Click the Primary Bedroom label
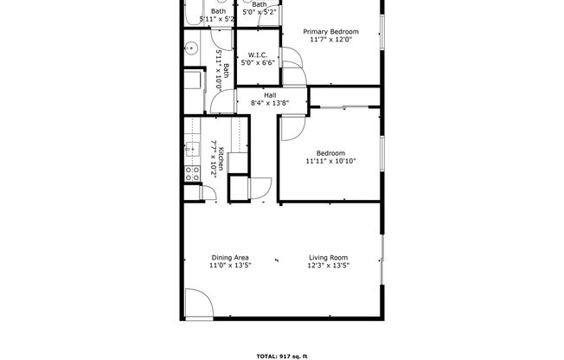click(x=330, y=32)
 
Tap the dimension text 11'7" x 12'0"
click(x=330, y=40)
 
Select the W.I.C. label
click(x=257, y=54)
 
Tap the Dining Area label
click(x=229, y=257)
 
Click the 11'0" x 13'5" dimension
click(x=229, y=266)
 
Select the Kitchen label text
click(x=221, y=157)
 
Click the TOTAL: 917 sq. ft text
click(x=282, y=355)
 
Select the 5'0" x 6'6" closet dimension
click(x=257, y=62)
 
